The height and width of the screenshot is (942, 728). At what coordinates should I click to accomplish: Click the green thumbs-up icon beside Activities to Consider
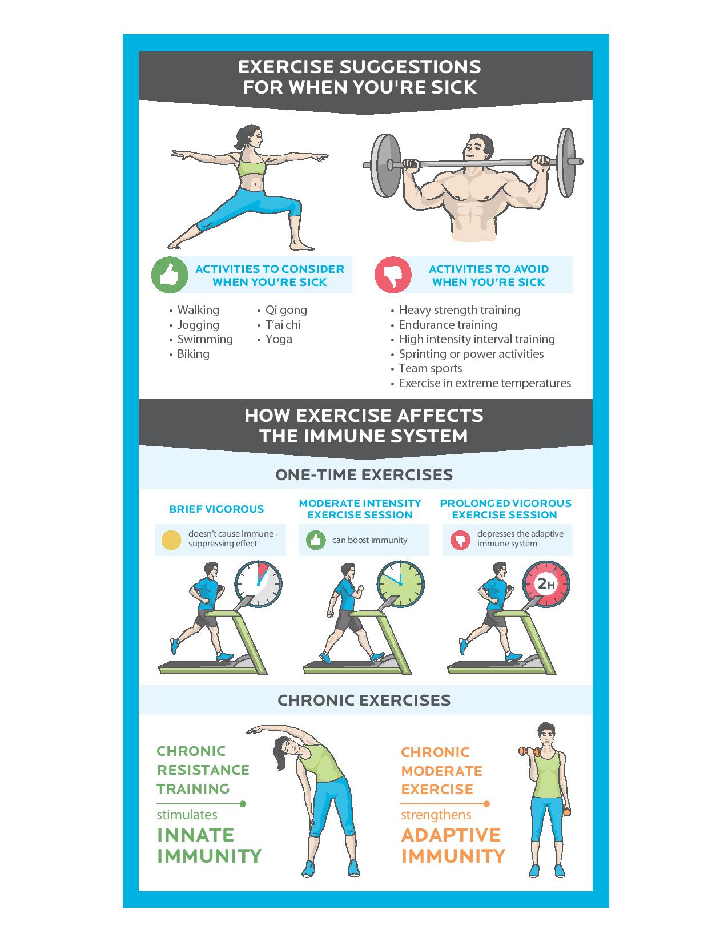click(170, 275)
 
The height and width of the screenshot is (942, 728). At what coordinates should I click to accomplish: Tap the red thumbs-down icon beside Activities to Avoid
click(393, 275)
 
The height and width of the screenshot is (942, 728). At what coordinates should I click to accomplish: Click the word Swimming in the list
click(205, 340)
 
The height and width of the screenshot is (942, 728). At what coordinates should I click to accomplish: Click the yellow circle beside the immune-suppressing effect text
click(171, 540)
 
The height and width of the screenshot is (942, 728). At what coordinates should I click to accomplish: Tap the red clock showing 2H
click(546, 584)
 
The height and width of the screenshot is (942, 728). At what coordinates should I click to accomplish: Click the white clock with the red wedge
click(259, 584)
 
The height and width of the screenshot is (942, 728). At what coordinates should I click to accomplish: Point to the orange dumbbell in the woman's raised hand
click(529, 752)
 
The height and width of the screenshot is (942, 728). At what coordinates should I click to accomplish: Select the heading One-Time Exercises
click(364, 474)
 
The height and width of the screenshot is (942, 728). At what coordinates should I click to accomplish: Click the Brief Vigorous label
click(216, 509)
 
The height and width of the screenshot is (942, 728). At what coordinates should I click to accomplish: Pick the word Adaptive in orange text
click(451, 835)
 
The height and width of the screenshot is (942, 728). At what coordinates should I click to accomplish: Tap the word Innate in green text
click(195, 835)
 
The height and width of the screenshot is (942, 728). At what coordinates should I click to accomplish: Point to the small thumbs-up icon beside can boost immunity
click(316, 540)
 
